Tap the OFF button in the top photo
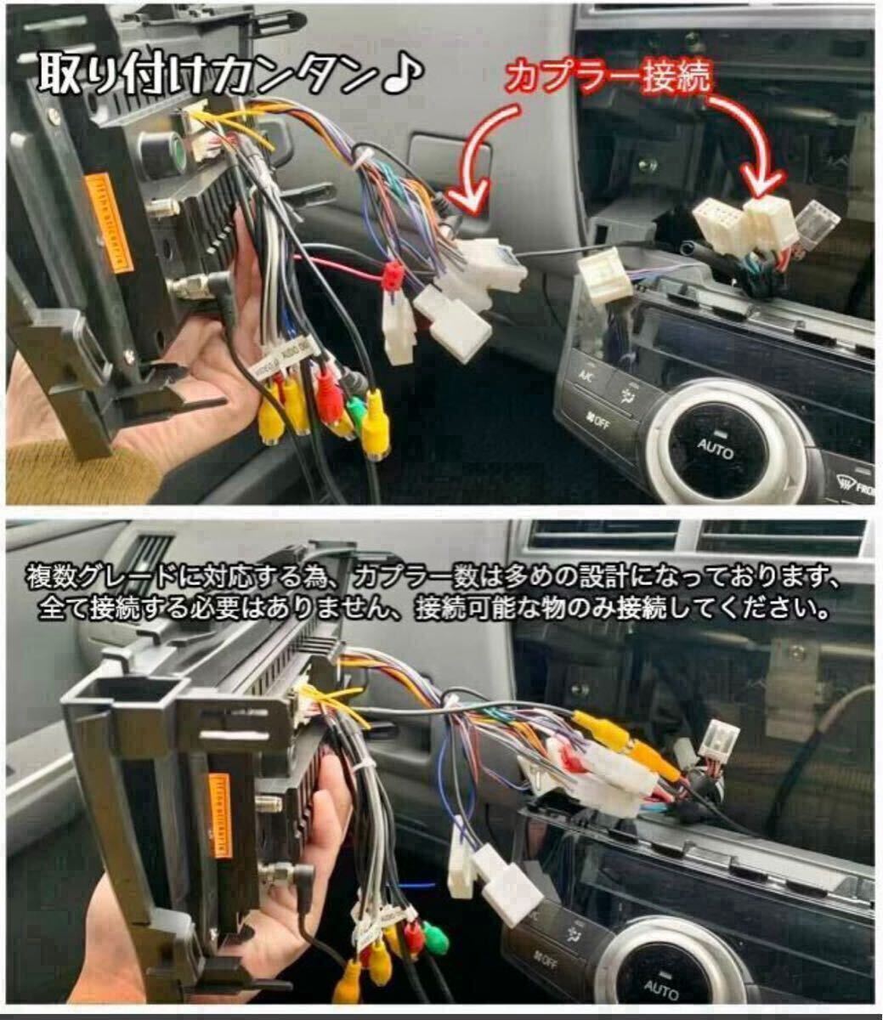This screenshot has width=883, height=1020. [x=599, y=418]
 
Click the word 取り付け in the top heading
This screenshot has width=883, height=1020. [x=123, y=75]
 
